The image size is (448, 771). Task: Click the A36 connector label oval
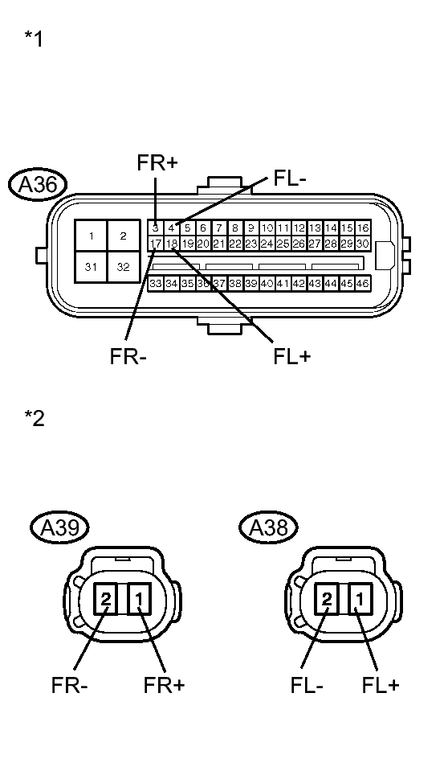(37, 184)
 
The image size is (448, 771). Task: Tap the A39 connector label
(59, 527)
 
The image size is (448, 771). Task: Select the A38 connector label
(269, 527)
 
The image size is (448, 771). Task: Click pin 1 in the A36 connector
(92, 236)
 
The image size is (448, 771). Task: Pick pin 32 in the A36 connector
(124, 267)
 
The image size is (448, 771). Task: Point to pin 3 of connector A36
(156, 228)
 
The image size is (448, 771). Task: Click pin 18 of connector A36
(172, 243)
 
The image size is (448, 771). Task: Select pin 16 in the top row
(363, 228)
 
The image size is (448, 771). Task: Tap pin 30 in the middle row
(363, 243)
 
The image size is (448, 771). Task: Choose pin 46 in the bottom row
(363, 283)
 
